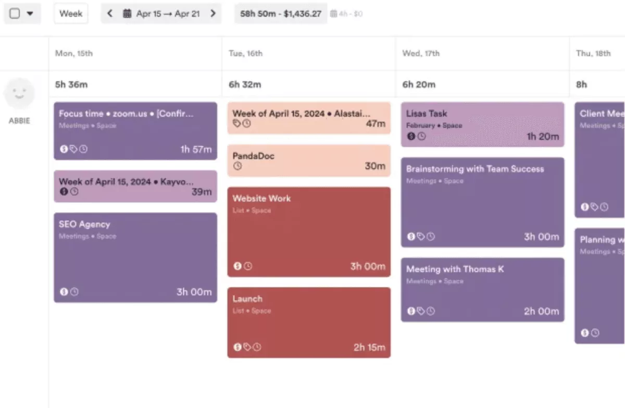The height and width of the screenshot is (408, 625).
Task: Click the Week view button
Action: coord(71,14)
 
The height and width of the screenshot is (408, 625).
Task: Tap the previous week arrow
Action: coord(109,14)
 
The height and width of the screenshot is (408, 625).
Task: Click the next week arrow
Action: coord(213,14)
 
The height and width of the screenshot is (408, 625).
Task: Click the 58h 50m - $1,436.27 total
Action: coord(280,14)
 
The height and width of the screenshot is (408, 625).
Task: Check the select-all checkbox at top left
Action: coord(15,14)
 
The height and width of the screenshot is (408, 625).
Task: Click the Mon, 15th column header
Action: coord(74,53)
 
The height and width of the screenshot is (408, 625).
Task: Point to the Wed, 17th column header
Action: coord(421,53)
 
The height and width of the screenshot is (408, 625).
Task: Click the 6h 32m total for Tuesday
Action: coord(245,84)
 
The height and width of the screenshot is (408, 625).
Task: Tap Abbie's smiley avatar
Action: coord(19,94)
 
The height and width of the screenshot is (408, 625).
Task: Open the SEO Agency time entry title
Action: coord(84,225)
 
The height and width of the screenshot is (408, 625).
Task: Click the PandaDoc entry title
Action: coord(253,156)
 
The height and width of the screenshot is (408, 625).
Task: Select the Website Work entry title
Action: coord(261,199)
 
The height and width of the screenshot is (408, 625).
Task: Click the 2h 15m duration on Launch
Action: coord(369,348)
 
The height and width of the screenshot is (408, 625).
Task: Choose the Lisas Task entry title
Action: coord(427,114)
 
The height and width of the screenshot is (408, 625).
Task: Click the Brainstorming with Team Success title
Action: coord(474,169)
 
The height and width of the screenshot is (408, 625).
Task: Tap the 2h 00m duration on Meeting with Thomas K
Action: coord(541,311)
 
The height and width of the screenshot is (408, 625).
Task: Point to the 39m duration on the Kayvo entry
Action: coord(201,192)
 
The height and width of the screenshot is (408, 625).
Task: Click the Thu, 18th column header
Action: coord(593,53)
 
